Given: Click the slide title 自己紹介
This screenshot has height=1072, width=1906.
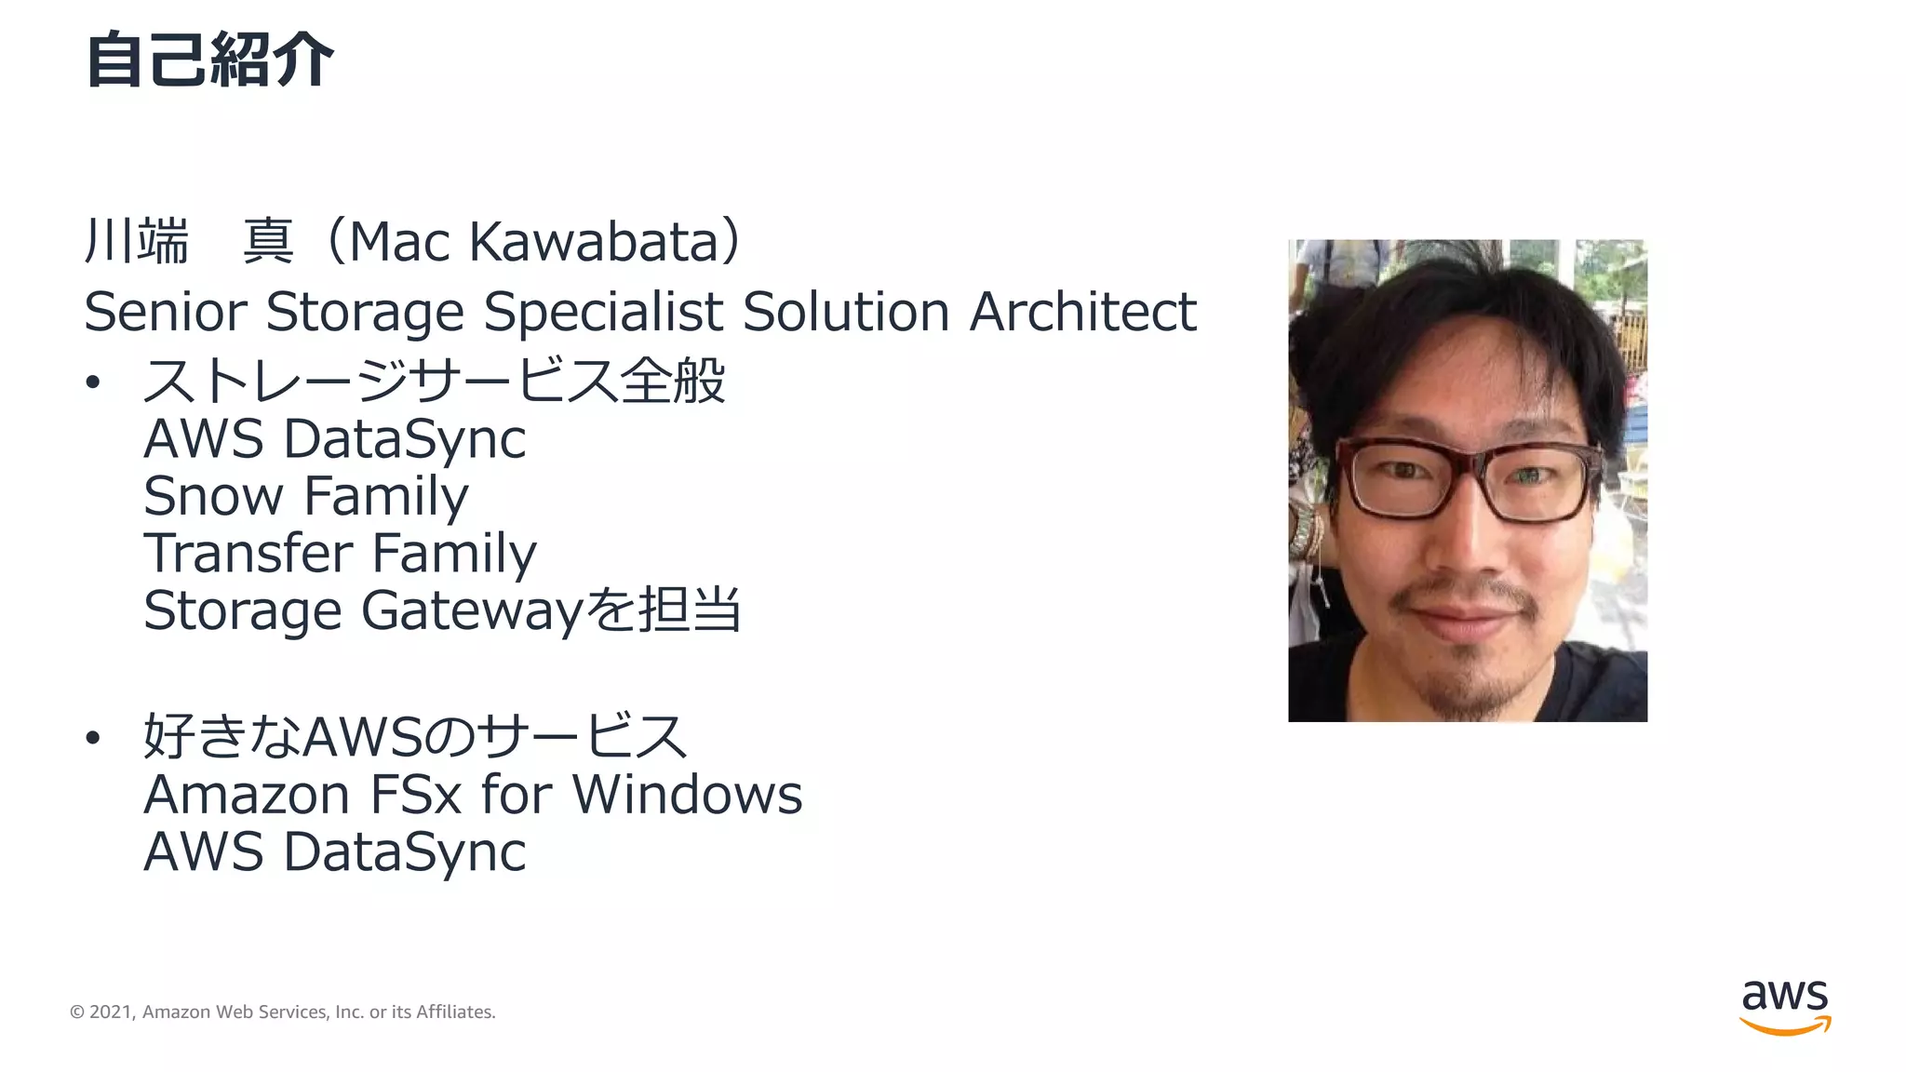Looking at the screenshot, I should tap(209, 60).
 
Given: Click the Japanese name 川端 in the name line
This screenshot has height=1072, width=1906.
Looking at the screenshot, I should tap(137, 242).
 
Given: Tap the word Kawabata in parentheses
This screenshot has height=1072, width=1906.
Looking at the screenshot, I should tap(594, 242).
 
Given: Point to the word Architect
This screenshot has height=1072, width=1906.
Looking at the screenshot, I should tap(1082, 312).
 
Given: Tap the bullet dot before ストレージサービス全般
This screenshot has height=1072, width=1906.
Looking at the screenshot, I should tap(92, 382).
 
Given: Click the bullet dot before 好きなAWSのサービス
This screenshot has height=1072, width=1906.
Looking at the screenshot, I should tap(92, 738).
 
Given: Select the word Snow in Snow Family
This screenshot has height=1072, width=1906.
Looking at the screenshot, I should tap(213, 496).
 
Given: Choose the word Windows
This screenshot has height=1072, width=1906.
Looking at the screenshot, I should tap(687, 796).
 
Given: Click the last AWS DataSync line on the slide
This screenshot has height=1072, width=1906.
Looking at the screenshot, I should tap(334, 852).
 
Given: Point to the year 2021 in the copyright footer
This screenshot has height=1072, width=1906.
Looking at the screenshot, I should tap(110, 1012).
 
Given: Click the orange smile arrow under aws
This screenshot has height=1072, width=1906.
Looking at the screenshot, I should tap(1785, 1026).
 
